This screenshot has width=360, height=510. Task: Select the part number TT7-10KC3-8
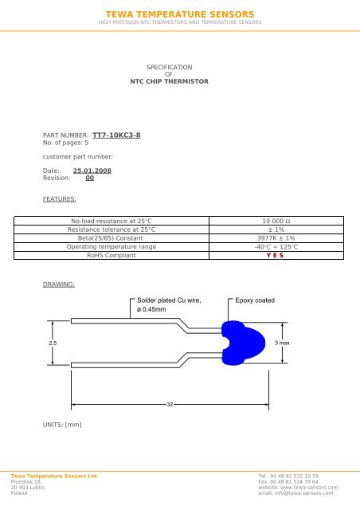pos(117,136)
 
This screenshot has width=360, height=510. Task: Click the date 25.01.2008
pos(92,171)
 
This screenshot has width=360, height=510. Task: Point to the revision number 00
pos(90,178)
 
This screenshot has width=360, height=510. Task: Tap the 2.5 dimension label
pos(52,342)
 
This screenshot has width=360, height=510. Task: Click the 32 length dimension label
pos(169,405)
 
